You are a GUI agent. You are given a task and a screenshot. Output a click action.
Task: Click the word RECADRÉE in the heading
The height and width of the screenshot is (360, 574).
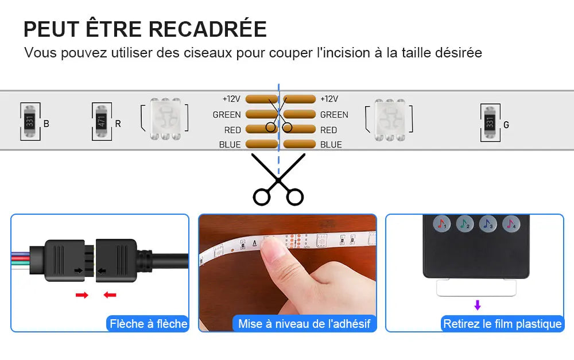[208, 29]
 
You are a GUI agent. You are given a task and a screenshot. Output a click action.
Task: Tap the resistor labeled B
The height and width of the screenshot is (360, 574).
[30, 121]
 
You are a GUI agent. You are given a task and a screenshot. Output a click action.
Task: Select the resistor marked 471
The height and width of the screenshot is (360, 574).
[102, 121]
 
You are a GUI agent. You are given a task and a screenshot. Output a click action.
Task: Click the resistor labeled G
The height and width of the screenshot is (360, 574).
[490, 122]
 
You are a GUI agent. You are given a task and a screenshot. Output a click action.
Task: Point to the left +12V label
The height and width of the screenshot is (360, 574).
[231, 99]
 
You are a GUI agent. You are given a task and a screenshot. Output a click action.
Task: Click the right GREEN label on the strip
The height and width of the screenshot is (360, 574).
[334, 115]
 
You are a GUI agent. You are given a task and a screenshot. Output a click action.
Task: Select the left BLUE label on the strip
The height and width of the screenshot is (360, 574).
[230, 145]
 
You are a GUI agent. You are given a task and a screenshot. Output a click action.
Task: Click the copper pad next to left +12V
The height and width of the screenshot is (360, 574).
[262, 99]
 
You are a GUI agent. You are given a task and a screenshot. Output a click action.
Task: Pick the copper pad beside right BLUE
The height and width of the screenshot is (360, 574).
[299, 144]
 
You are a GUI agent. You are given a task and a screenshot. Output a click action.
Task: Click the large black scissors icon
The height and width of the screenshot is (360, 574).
[278, 179]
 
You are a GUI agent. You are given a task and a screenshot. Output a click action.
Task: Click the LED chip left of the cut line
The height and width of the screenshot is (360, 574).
[165, 119]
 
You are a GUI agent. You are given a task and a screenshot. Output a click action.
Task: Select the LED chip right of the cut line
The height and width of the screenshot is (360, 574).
[390, 119]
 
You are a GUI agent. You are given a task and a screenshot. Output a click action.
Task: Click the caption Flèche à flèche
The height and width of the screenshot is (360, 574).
[148, 324]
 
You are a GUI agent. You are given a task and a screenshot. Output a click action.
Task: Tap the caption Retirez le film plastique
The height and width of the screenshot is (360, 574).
[502, 324]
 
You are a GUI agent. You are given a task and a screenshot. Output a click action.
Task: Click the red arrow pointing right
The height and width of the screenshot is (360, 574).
[82, 295]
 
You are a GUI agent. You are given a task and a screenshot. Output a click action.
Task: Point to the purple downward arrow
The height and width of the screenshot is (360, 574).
[477, 305]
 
